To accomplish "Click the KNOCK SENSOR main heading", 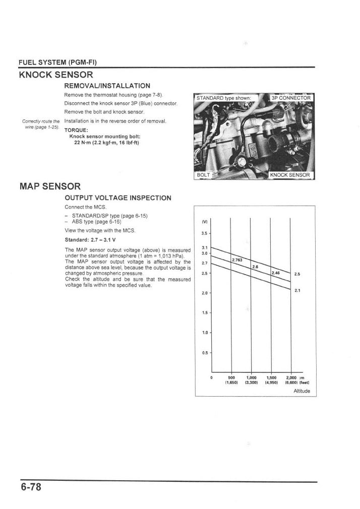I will pyautogui.click(x=56, y=75).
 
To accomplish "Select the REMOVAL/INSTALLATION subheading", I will pyautogui.click(x=107, y=86).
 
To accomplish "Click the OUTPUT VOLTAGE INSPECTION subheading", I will pyautogui.click(x=118, y=198).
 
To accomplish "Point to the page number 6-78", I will pyautogui.click(x=31, y=487).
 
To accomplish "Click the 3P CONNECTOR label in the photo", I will pyautogui.click(x=291, y=98).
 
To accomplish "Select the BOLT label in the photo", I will pyautogui.click(x=203, y=175).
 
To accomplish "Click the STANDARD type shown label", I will pyautogui.click(x=223, y=98).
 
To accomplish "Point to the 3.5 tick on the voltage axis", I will pyautogui.click(x=205, y=233).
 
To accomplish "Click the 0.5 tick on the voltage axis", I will pyautogui.click(x=205, y=352).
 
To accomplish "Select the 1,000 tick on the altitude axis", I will pyautogui.click(x=252, y=377).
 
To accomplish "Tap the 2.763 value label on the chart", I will pyautogui.click(x=237, y=260).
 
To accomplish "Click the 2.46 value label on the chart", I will pyautogui.click(x=276, y=273).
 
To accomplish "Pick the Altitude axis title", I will pyautogui.click(x=302, y=391).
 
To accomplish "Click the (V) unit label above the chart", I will pyautogui.click(x=204, y=221).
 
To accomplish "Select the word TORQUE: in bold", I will pyautogui.click(x=76, y=130).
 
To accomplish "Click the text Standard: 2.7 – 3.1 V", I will pyautogui.click(x=90, y=239).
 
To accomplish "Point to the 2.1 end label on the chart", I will pyautogui.click(x=297, y=290).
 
